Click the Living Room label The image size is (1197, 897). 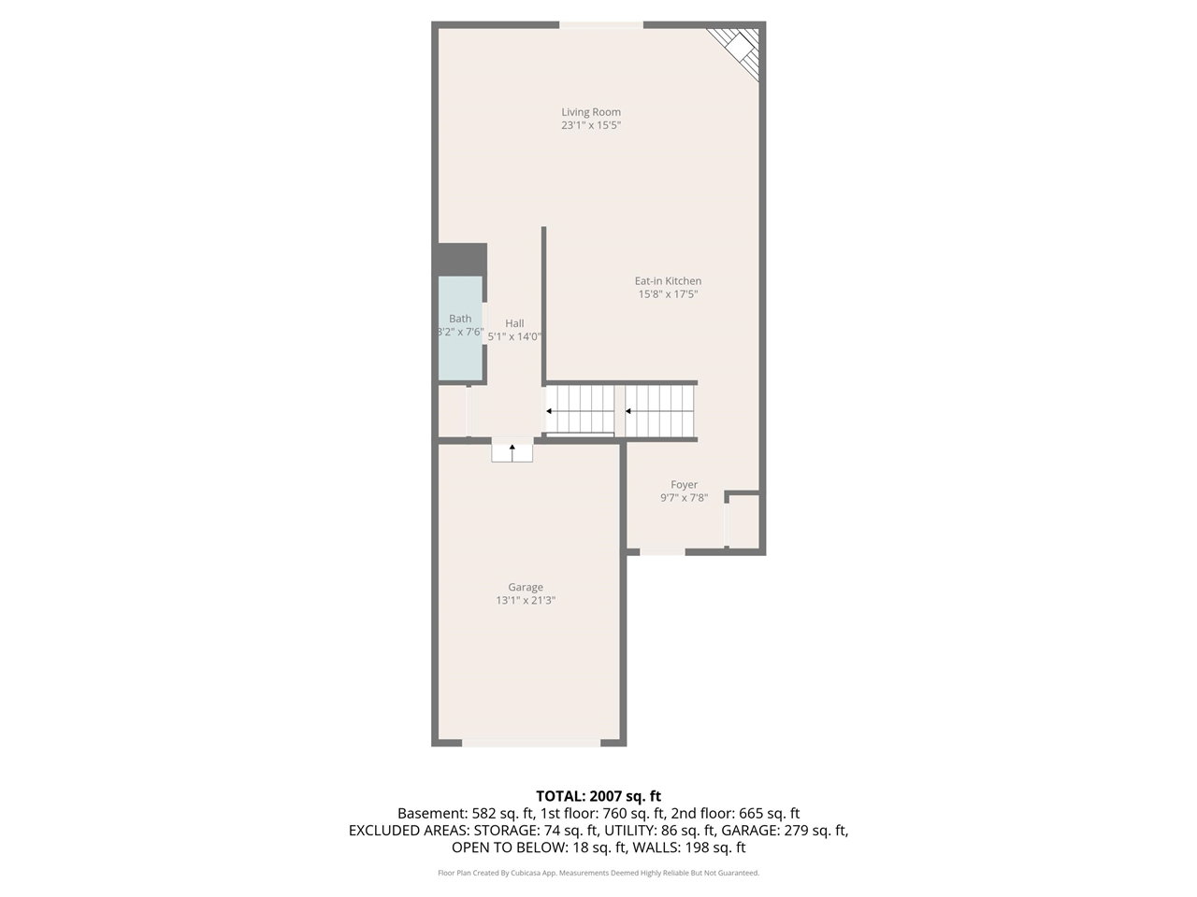(591, 112)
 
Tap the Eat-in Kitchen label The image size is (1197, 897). (668, 281)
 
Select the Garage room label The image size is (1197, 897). (526, 587)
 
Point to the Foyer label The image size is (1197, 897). (684, 485)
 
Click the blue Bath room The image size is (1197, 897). (460, 328)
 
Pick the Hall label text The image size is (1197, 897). (514, 323)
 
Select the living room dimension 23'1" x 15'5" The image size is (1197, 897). (591, 125)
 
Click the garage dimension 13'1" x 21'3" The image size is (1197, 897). (526, 600)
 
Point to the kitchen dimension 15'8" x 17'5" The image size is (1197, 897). (668, 294)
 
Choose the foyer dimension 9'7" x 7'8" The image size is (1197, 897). (684, 498)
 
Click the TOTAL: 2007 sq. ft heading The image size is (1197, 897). (598, 796)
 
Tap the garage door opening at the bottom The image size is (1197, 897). (532, 743)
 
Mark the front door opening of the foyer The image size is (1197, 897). (662, 552)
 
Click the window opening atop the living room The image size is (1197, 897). (601, 25)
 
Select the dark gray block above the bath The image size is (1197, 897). (463, 259)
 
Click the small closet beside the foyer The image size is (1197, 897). (743, 521)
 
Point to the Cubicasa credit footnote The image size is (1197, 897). (598, 873)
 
